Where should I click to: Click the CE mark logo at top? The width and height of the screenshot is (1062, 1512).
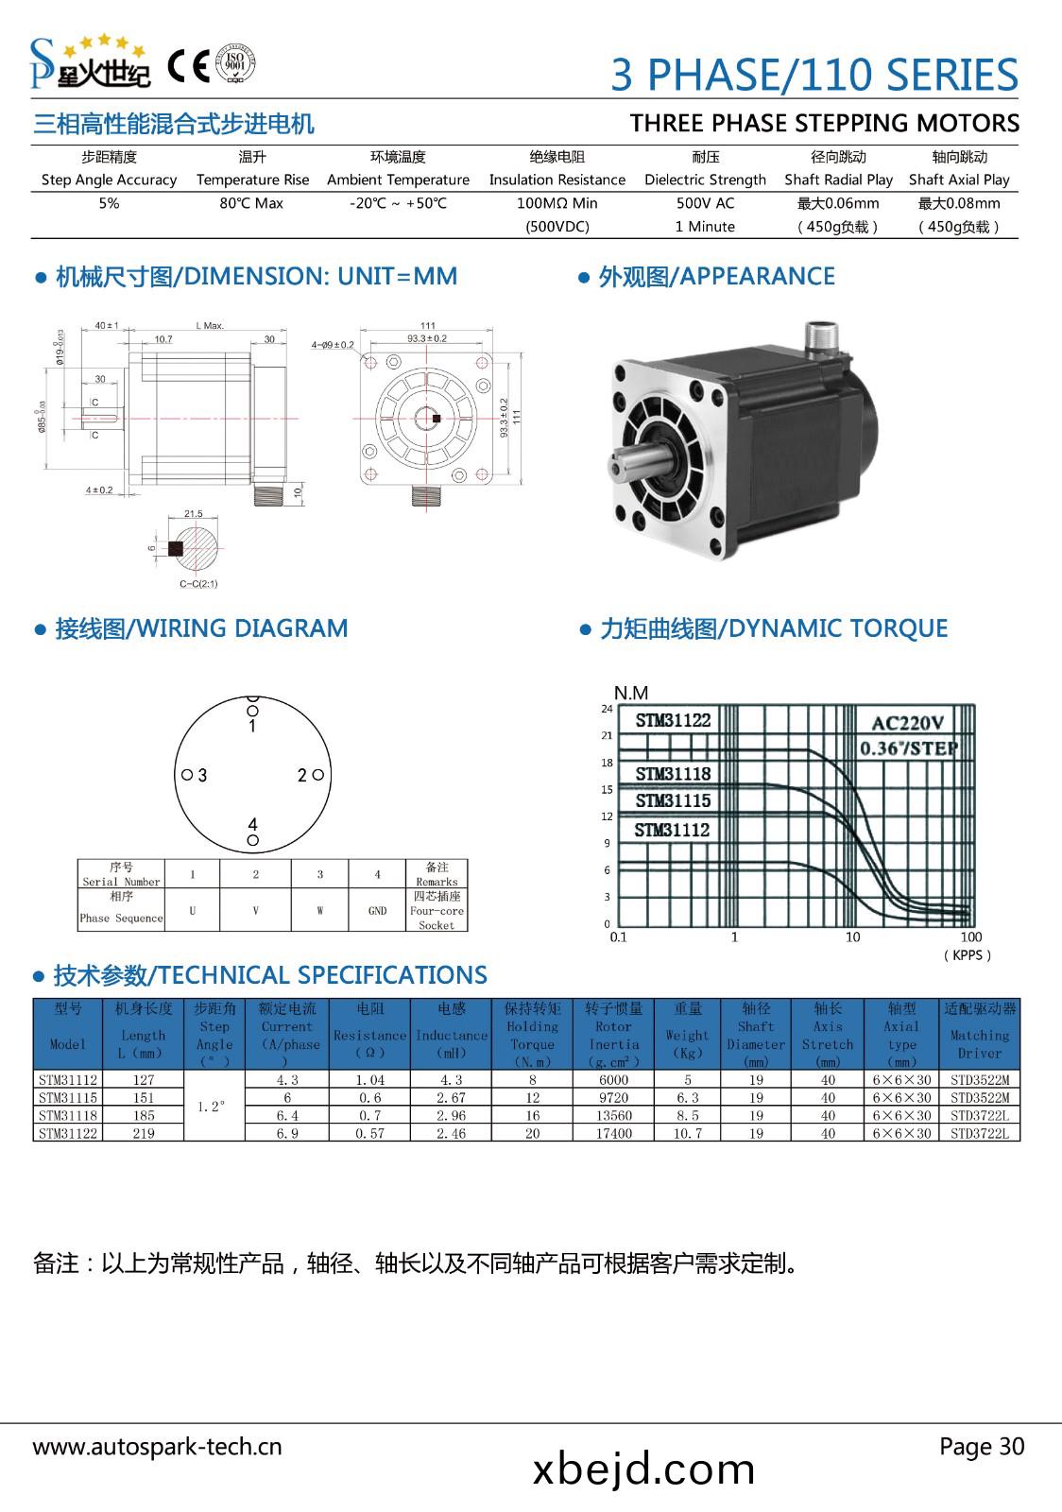[188, 65]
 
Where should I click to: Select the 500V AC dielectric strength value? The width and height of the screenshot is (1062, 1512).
[705, 203]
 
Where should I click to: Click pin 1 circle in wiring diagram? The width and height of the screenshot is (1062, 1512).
[252, 711]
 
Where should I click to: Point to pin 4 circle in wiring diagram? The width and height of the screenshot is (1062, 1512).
[252, 840]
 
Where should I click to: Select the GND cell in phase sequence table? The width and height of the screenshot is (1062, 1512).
[377, 911]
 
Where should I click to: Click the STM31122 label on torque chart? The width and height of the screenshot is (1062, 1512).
[673, 720]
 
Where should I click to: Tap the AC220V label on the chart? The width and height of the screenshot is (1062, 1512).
[907, 723]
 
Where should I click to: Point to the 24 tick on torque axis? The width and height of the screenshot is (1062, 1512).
[607, 709]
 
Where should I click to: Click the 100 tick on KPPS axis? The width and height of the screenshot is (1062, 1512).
[970, 937]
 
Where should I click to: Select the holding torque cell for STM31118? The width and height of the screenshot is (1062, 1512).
[532, 1116]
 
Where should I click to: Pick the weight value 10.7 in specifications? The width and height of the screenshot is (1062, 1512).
[687, 1134]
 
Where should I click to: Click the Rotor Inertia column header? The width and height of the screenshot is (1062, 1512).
[613, 1036]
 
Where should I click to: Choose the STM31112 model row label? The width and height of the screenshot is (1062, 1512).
[68, 1080]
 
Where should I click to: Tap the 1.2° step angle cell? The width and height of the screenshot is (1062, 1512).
[214, 1107]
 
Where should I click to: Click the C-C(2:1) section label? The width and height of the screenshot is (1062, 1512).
[198, 583]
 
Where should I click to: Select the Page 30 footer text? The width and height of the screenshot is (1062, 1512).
[981, 1446]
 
